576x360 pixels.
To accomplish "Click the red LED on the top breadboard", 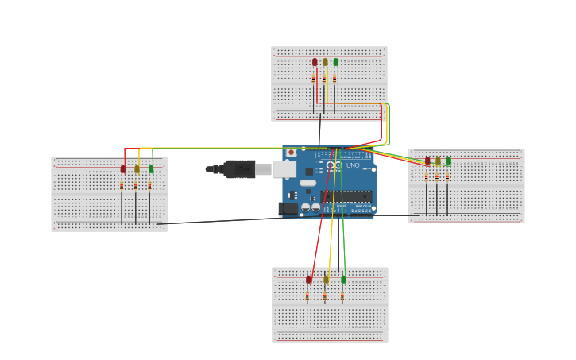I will pos(315,62).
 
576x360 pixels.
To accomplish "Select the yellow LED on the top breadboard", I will pos(325,62).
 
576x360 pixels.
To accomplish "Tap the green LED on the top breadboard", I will pos(335,62).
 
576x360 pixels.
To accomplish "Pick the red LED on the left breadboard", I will pos(123,168).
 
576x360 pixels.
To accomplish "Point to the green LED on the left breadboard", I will pos(151,168).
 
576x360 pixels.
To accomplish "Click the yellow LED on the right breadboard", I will pos(438,161).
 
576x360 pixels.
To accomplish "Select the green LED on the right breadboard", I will pos(448,161).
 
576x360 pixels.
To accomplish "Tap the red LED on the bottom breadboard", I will pos(308,279).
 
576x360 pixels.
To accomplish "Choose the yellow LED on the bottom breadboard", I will pos(326,279).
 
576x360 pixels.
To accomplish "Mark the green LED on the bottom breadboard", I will pos(343,279).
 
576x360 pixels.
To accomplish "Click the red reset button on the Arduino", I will pos(292,153).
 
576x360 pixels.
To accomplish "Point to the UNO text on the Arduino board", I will pos(353,165).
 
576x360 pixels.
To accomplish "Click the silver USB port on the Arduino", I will pos(284,168).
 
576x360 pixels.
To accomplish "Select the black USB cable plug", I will pos(238,168).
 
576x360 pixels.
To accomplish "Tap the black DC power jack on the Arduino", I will pos(288,208).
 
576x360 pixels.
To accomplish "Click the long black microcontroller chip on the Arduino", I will pos(346,195).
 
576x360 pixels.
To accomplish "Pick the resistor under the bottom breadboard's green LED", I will pos(342,296).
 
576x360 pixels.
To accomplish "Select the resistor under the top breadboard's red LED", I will pos(314,79).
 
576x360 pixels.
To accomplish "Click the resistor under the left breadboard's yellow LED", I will pos(136,185).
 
